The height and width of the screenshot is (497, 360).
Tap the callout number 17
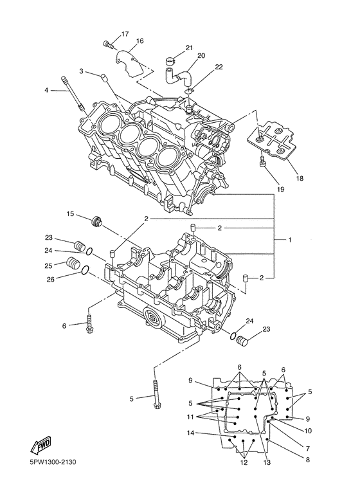(124, 33)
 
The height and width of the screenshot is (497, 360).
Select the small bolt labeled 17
(107, 44)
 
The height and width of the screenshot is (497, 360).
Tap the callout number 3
(82, 71)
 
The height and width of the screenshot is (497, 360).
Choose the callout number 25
(48, 265)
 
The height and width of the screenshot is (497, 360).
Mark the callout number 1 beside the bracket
(290, 240)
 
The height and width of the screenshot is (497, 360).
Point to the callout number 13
(266, 462)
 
